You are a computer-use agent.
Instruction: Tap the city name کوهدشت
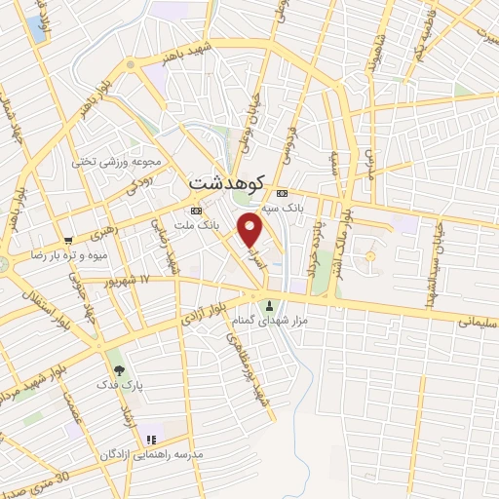(223, 182)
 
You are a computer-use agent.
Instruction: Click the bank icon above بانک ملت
(196, 210)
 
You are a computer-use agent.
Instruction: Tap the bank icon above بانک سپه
(282, 192)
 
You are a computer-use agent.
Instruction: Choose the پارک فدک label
(119, 385)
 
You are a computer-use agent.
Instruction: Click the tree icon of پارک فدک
(119, 370)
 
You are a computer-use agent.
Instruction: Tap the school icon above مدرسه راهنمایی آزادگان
(150, 440)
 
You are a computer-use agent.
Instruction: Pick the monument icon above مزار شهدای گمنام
(270, 305)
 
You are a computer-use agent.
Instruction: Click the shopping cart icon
(67, 240)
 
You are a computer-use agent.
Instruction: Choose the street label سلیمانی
(477, 319)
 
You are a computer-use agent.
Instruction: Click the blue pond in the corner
(37, 28)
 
